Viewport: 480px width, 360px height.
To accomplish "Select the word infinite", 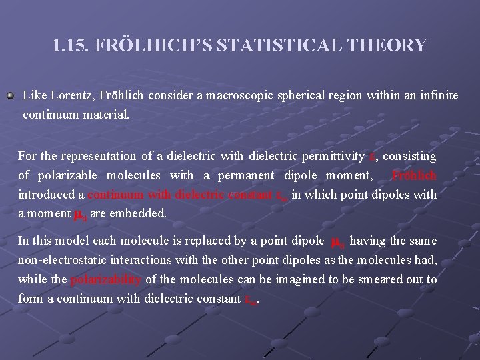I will pos(438,95).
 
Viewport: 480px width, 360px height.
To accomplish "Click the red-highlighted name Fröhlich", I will pos(415,175).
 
